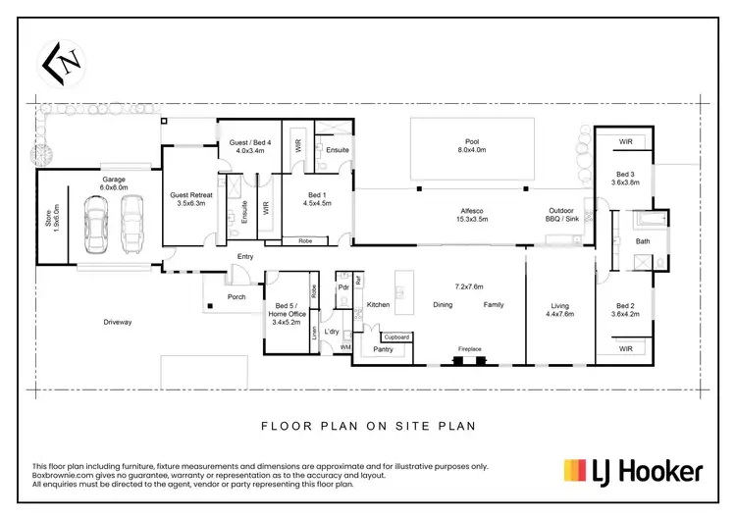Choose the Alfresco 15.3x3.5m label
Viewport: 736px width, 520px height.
coord(473,215)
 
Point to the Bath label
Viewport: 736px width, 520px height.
coord(643,240)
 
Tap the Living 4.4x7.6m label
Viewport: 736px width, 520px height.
coord(559,310)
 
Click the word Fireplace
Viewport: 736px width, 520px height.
coord(470,348)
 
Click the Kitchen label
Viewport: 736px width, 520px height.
coord(379,305)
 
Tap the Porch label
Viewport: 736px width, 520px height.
coord(237,297)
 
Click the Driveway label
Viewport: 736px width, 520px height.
coord(117,322)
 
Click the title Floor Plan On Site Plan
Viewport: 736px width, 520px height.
coord(367,426)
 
